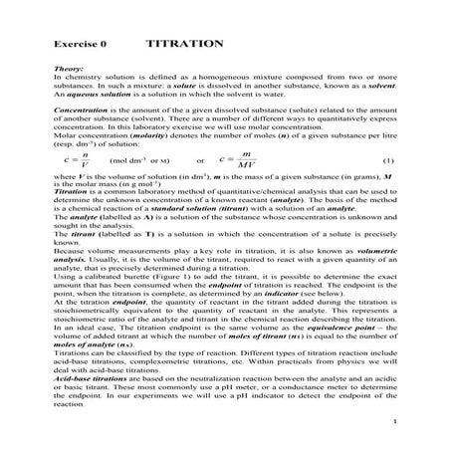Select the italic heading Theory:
pyautogui.click(x=69, y=70)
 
